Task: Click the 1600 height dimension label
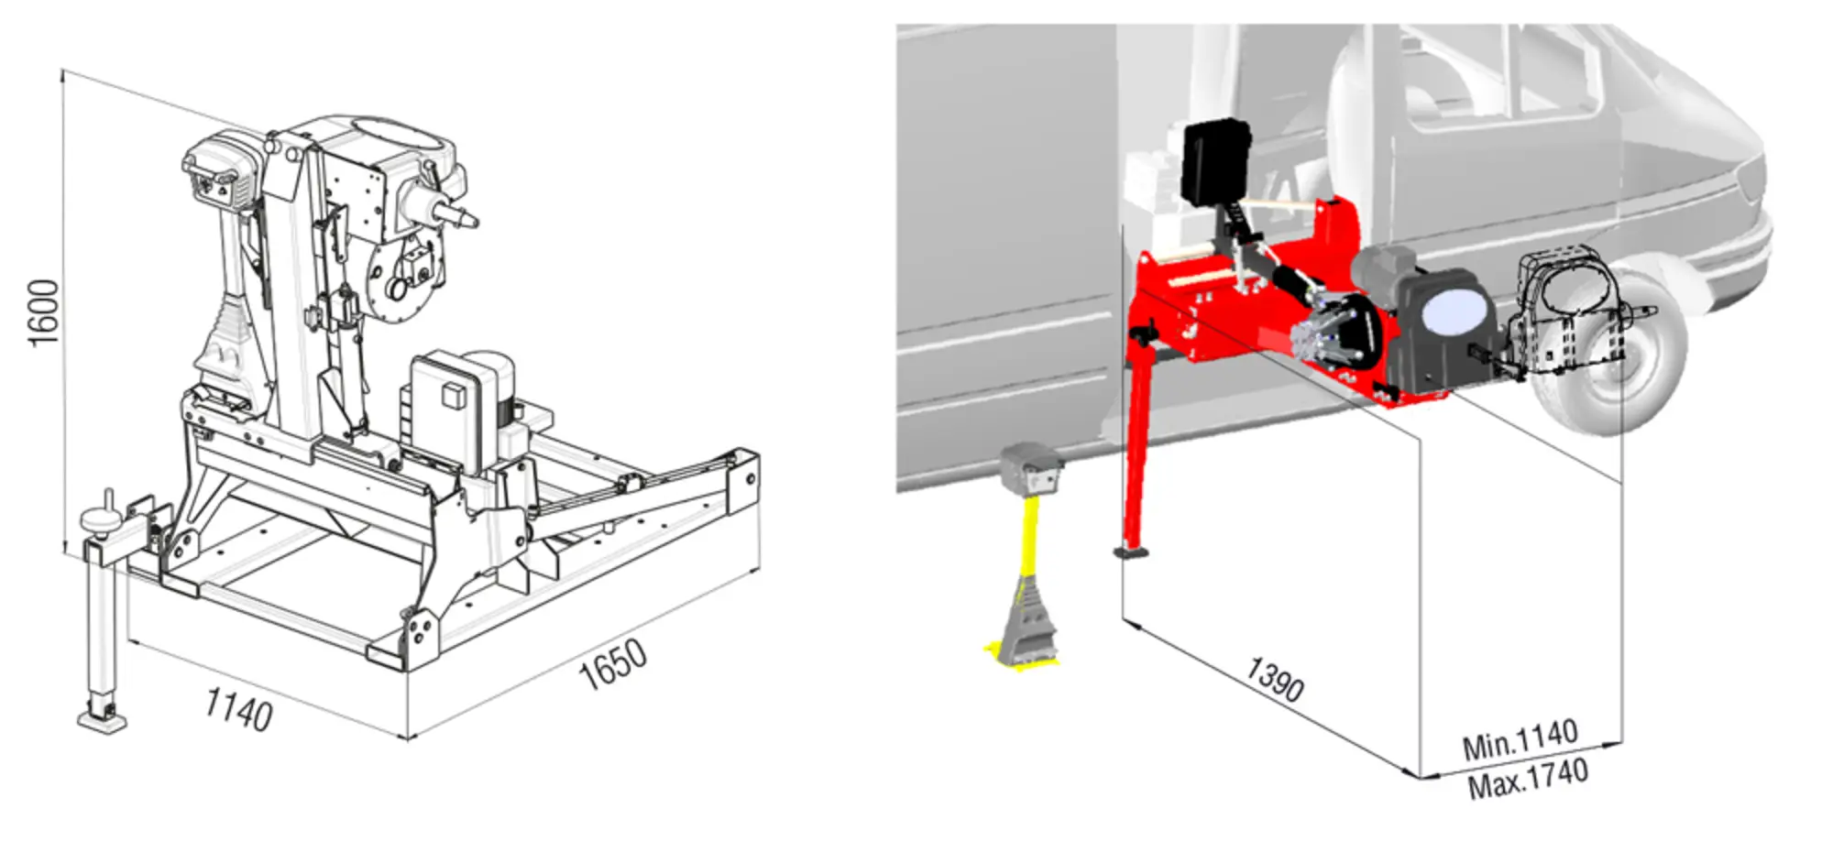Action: [x=43, y=312]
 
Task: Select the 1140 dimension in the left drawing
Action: [x=238, y=710]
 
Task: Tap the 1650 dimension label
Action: [x=613, y=664]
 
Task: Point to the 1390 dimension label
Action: [x=1275, y=679]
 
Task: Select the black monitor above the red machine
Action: [x=1215, y=162]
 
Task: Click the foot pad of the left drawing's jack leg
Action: [x=102, y=721]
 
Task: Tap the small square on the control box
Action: [x=452, y=395]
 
